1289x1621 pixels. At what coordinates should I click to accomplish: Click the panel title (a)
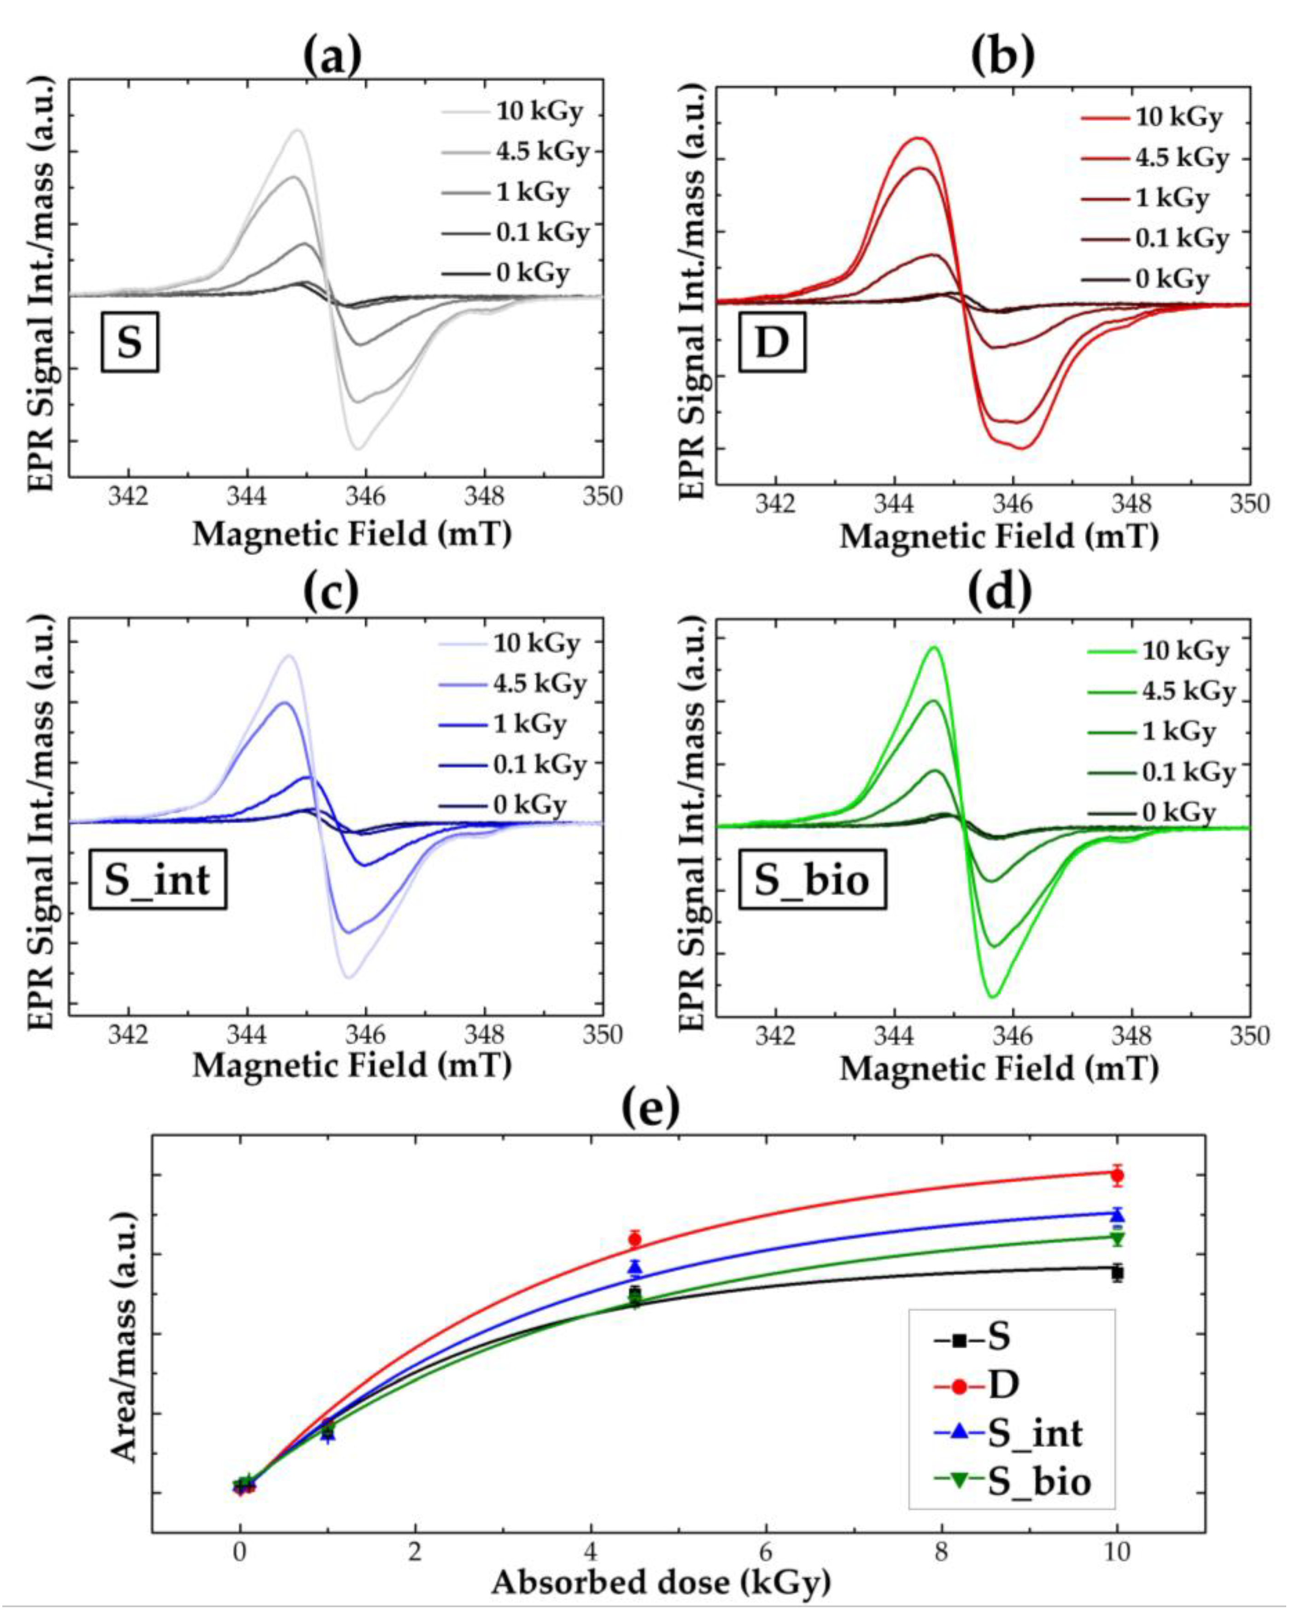coord(332,56)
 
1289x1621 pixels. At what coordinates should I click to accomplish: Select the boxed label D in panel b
coord(772,342)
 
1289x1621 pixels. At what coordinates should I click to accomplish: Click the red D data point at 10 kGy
coord(1117,1175)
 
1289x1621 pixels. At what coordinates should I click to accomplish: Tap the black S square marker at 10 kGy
coord(1117,1273)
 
